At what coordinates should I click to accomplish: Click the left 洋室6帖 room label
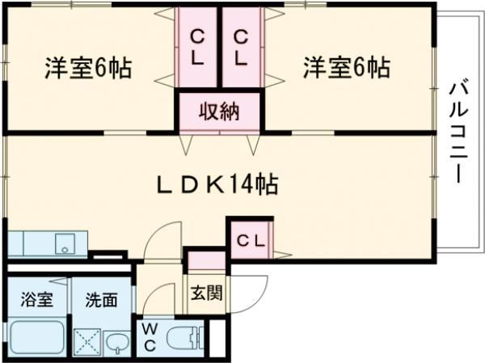(x=88, y=68)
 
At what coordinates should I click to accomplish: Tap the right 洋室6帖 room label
(x=347, y=68)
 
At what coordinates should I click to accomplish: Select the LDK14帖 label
(x=217, y=184)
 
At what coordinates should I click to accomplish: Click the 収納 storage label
(x=219, y=111)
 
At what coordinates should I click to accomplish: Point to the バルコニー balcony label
(x=458, y=133)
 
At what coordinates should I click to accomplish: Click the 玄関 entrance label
(x=207, y=293)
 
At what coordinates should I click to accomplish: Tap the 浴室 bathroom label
(x=37, y=300)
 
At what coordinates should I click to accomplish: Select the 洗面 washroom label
(x=102, y=300)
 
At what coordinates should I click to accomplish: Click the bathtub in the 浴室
(x=37, y=338)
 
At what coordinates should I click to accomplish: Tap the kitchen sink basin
(x=65, y=244)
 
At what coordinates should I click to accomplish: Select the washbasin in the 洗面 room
(x=117, y=343)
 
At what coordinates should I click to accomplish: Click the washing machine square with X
(x=87, y=343)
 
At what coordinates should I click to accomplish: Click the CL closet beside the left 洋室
(x=197, y=48)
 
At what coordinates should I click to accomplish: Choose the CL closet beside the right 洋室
(x=241, y=48)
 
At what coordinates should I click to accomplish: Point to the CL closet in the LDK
(x=251, y=241)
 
